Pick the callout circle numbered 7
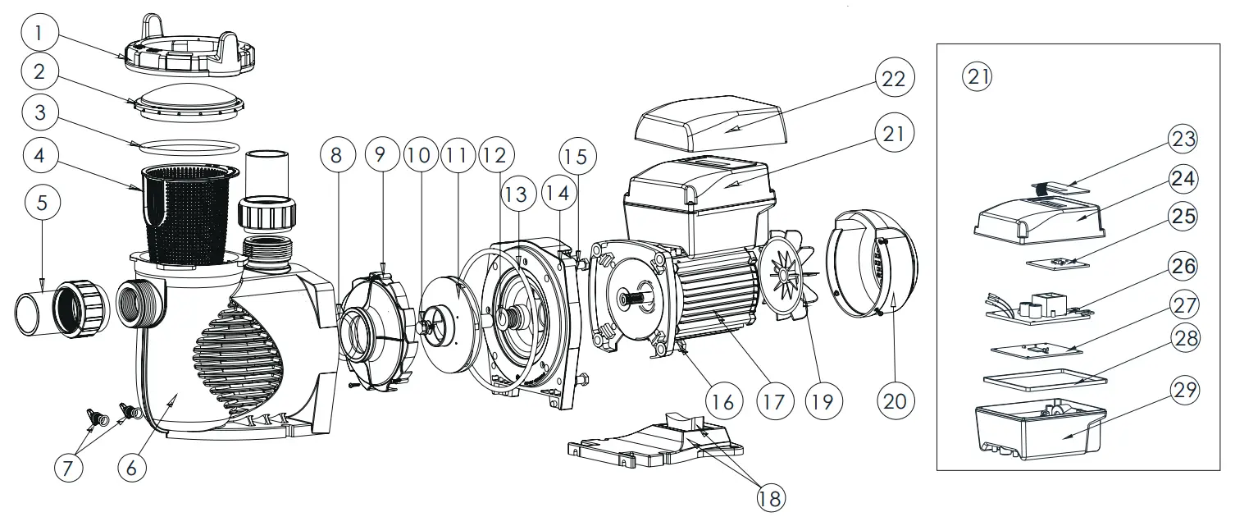69,469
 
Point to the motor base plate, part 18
656,443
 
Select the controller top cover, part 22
710,124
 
